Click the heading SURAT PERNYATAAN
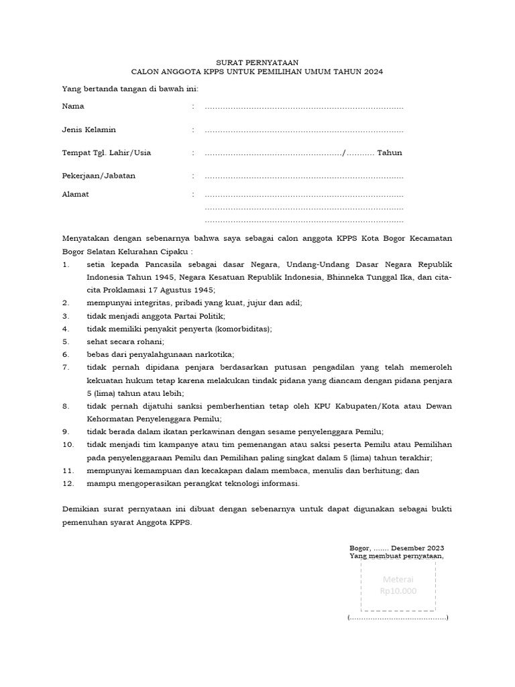(x=257, y=61)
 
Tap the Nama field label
(x=73, y=106)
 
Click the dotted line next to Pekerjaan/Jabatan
(x=304, y=176)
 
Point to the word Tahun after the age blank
(x=389, y=153)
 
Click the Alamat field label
(x=75, y=194)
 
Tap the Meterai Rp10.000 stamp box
(x=398, y=586)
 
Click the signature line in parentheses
(x=398, y=617)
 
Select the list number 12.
(x=67, y=483)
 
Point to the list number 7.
(x=66, y=367)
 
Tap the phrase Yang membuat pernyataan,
(x=396, y=556)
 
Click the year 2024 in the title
(x=372, y=70)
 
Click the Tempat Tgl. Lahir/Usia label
(x=106, y=153)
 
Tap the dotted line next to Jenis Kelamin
(x=304, y=130)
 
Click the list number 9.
(x=66, y=431)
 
